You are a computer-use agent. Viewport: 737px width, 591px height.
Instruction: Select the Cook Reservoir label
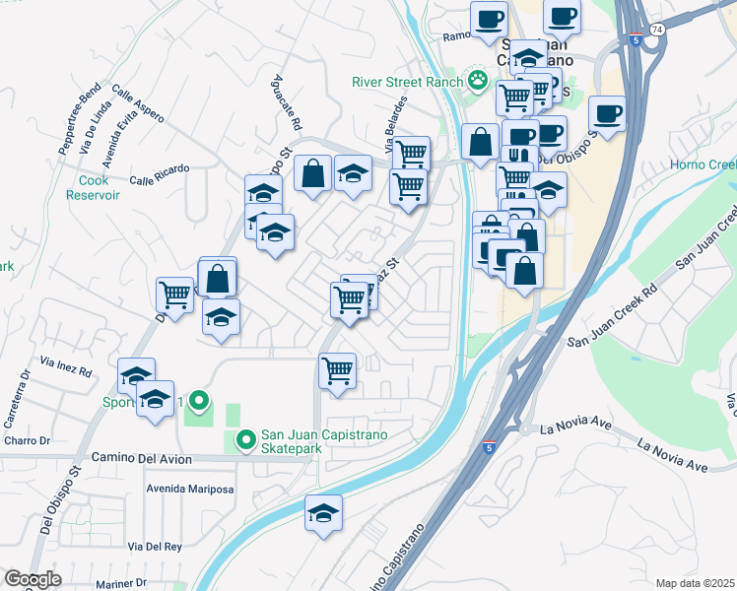tap(100, 188)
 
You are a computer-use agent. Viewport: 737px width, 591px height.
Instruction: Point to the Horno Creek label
tap(703, 164)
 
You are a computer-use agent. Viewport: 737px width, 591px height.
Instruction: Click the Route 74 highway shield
tap(656, 31)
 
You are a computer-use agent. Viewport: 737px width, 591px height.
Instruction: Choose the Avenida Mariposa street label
tap(189, 490)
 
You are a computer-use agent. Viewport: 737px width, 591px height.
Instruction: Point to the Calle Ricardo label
tap(159, 180)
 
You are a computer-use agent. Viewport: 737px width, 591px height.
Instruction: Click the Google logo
tap(32, 579)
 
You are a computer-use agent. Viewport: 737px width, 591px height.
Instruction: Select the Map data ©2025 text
tap(695, 583)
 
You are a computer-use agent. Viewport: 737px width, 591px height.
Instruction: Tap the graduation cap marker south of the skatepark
tap(323, 513)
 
